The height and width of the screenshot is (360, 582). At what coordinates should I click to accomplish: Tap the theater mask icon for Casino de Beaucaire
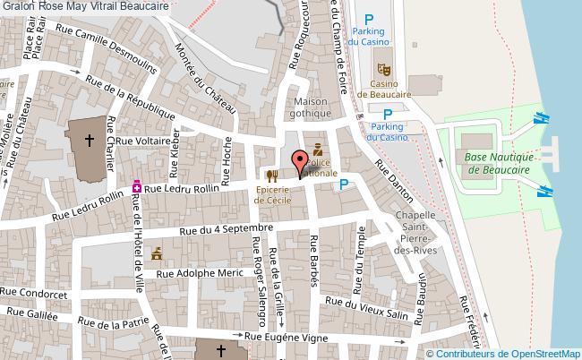click(383, 67)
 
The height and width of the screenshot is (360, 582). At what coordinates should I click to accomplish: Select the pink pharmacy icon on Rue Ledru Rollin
click(136, 187)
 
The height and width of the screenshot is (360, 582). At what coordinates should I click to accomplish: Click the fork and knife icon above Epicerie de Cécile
click(271, 176)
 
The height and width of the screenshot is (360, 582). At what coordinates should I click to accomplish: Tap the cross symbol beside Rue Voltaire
click(90, 140)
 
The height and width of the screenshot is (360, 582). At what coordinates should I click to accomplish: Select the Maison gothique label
click(312, 107)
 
